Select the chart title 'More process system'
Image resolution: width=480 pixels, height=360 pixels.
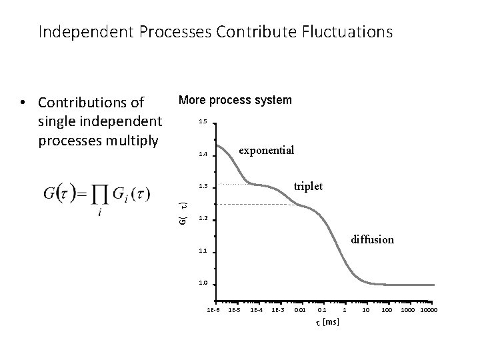[235, 100]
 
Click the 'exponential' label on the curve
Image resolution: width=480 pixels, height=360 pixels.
[266, 150]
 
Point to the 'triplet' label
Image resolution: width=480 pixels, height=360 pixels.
[308, 187]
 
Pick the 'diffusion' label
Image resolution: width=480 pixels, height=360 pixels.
[373, 239]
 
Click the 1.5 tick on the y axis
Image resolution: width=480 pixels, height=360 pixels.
[203, 122]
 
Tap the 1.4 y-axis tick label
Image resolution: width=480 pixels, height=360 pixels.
[203, 155]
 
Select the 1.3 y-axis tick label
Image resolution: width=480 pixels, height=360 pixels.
[203, 187]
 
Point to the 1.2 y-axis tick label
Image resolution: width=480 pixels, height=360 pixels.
[203, 219]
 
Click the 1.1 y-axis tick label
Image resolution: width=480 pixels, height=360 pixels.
[203, 251]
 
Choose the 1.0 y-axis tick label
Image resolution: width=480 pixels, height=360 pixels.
[203, 283]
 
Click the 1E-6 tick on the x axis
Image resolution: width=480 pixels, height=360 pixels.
[214, 310]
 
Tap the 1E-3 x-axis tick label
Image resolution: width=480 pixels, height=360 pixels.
[279, 310]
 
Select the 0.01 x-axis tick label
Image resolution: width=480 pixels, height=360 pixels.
[301, 310]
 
